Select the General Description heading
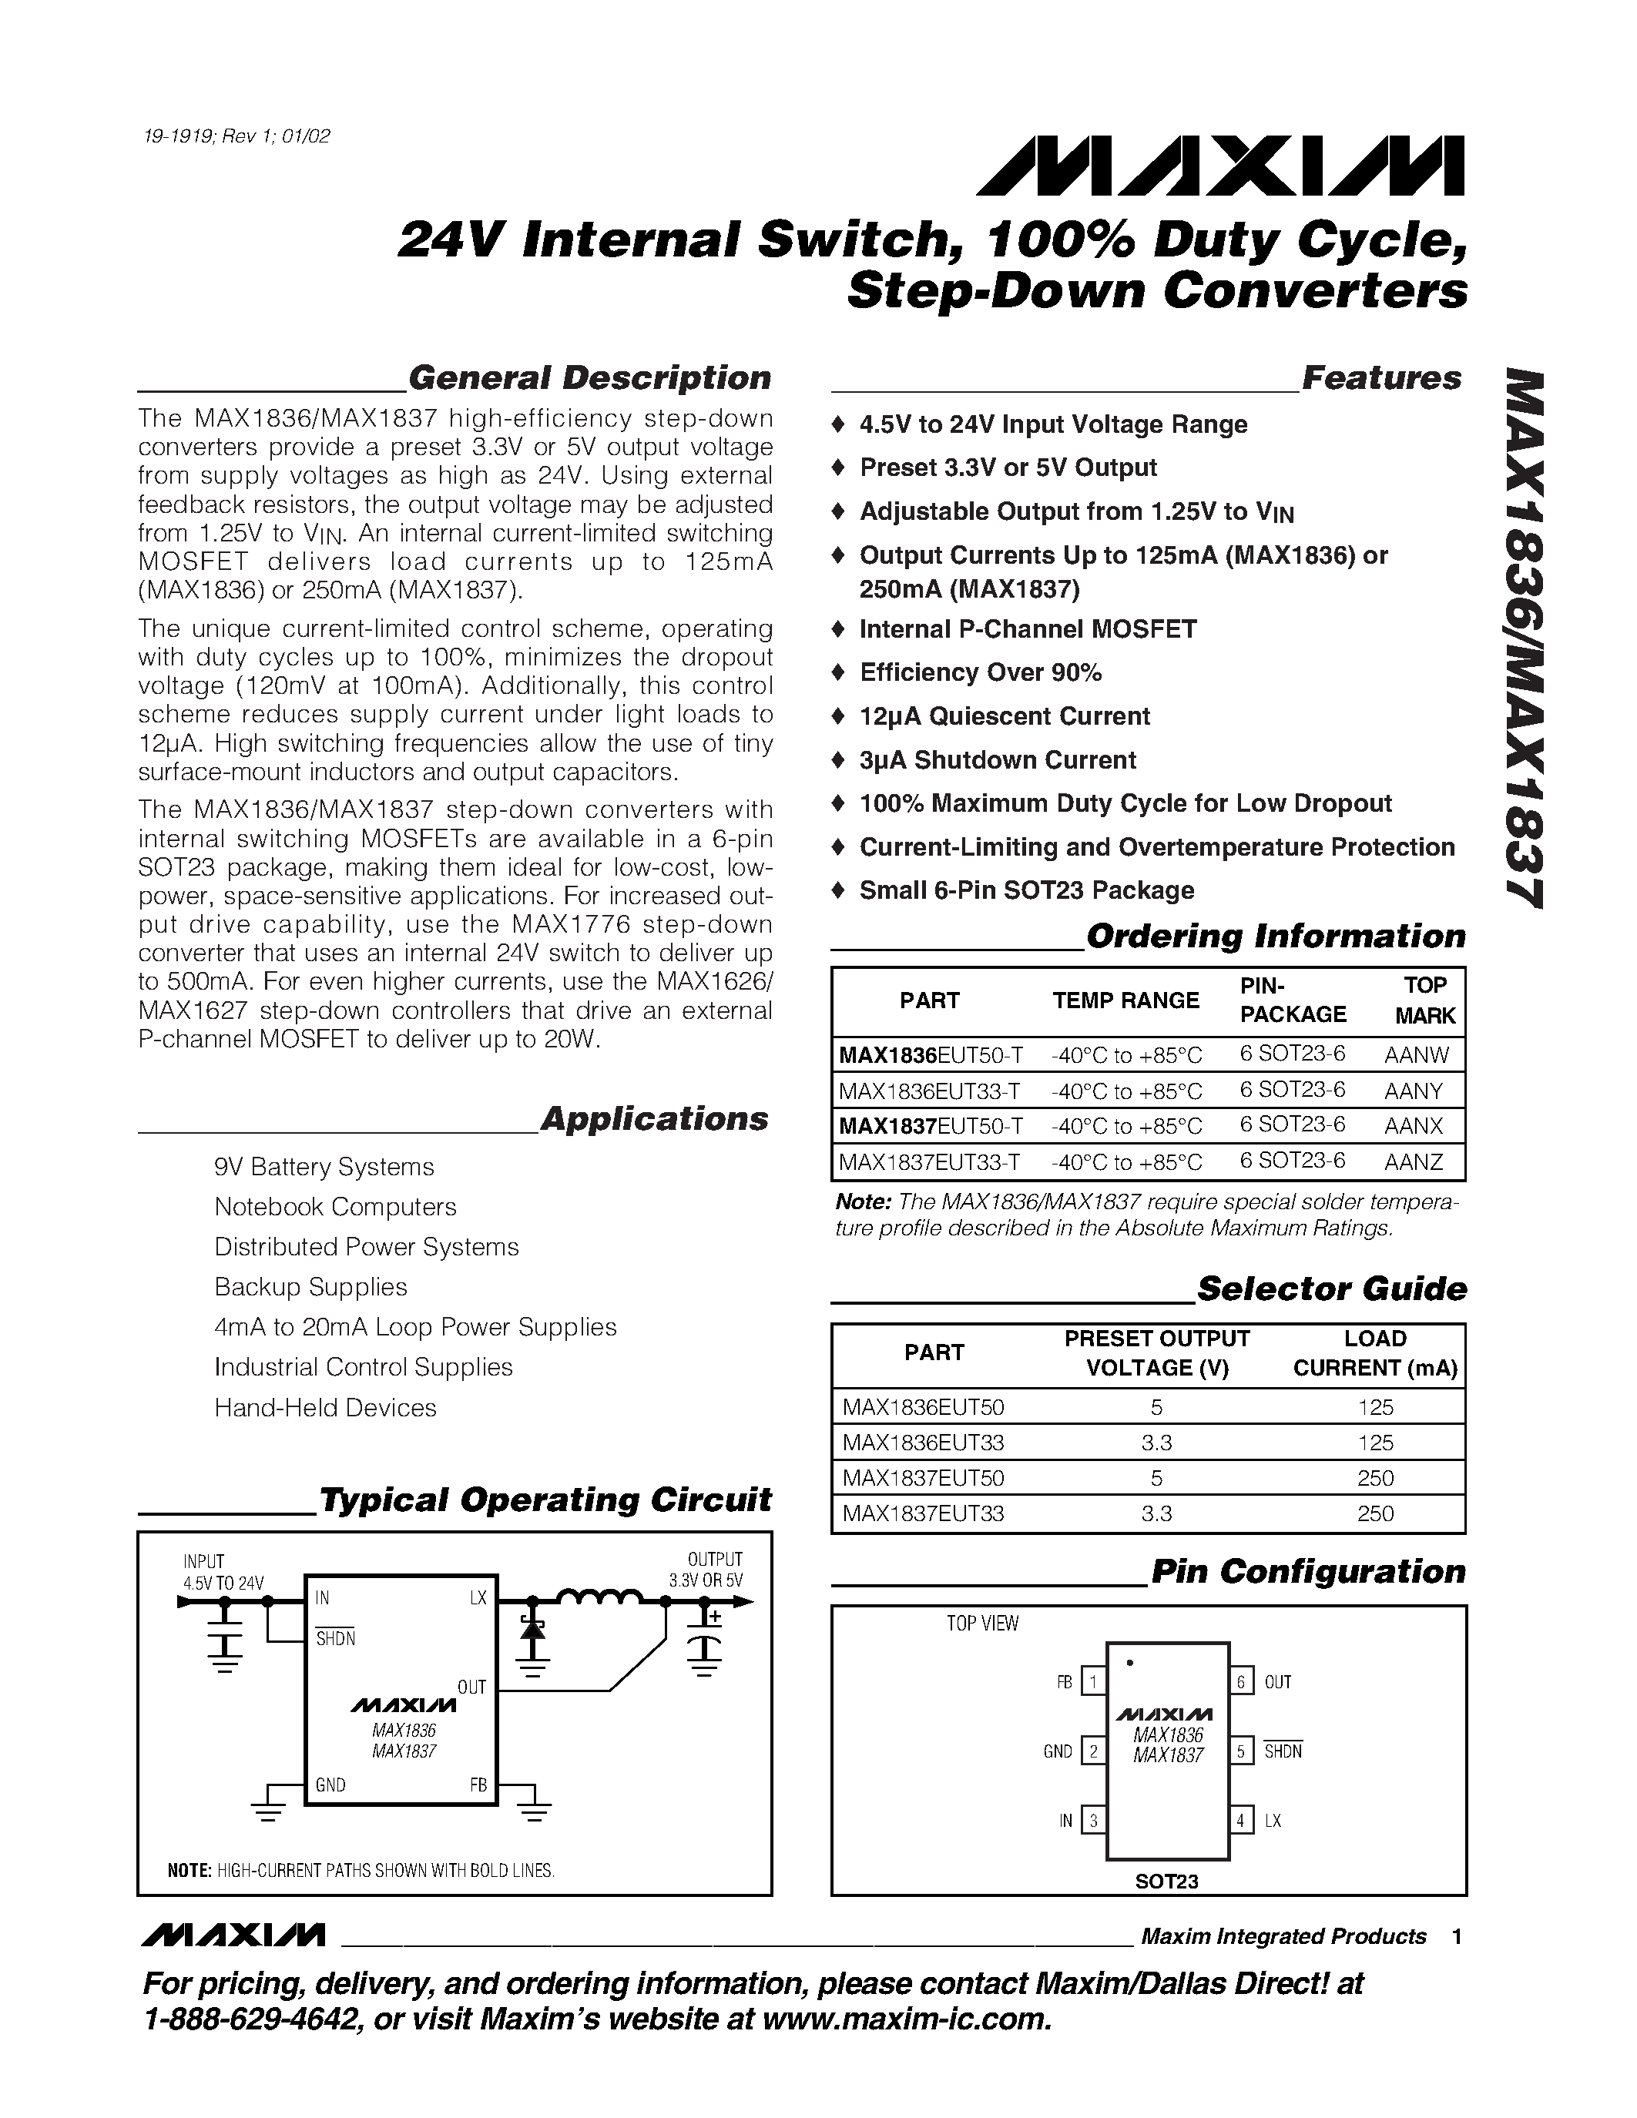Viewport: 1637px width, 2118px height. point(589,377)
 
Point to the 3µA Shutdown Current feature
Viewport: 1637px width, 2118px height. point(997,759)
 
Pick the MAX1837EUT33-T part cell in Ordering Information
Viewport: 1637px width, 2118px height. point(929,1161)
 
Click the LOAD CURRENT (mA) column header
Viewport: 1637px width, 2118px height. point(1374,1353)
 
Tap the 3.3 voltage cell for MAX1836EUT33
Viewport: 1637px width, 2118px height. point(1156,1443)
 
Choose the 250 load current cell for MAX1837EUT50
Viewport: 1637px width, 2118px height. point(1375,1478)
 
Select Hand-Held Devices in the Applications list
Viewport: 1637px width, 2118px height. point(325,1407)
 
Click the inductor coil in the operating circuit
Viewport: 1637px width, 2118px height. point(599,1598)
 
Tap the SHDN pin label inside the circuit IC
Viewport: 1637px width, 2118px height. point(336,1639)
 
